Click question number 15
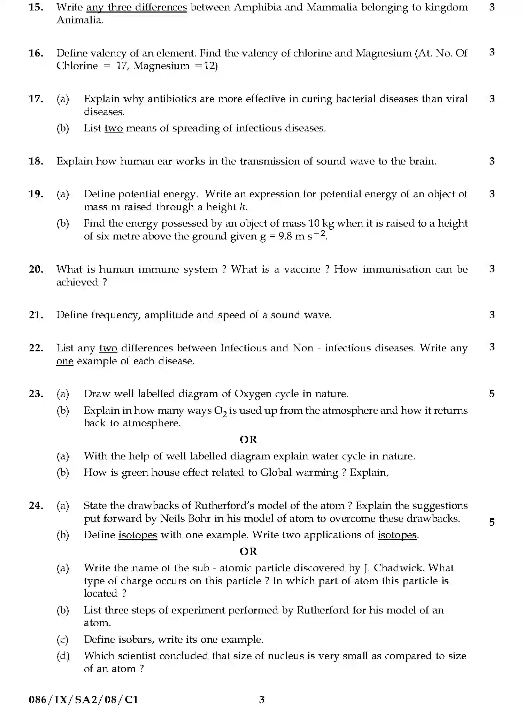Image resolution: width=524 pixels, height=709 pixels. point(36,7)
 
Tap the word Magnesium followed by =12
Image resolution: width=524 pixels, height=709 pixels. point(161,66)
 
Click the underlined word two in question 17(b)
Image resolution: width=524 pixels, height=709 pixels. point(114,128)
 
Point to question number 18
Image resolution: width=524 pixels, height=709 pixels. point(36,161)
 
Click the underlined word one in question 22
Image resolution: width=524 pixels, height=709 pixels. point(65,361)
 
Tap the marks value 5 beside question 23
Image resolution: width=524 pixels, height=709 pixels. point(492,394)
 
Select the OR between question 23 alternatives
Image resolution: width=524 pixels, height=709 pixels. point(248,440)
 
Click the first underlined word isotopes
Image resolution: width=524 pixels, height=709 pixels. point(138,535)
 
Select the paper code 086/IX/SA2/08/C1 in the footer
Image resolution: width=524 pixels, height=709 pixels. point(83,700)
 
